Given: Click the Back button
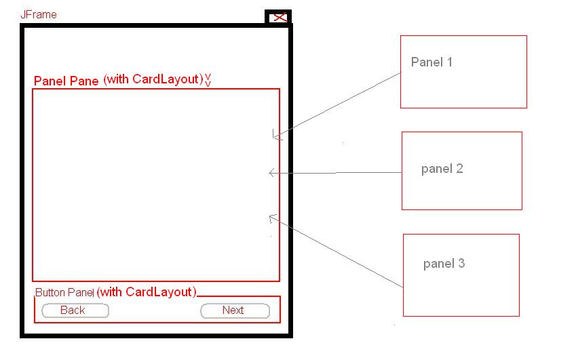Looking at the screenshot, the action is point(75,311).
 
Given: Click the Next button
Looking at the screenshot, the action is point(235,311).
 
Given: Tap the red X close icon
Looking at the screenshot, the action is point(278,18).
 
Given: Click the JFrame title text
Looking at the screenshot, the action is point(39,14).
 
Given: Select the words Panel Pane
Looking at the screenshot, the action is point(66,81).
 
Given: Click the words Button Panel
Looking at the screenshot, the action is point(64,293).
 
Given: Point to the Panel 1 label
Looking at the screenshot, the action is point(431,62).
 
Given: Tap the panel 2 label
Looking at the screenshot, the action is point(442,169).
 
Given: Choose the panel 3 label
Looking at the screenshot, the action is point(444,264).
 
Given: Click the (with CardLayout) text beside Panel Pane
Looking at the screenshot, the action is point(153,79).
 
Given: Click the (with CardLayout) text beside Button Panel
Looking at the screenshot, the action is point(147,292).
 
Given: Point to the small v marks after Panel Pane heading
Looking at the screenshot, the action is point(208,80).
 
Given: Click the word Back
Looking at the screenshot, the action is point(73,311).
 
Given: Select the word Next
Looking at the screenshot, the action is point(233,311).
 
